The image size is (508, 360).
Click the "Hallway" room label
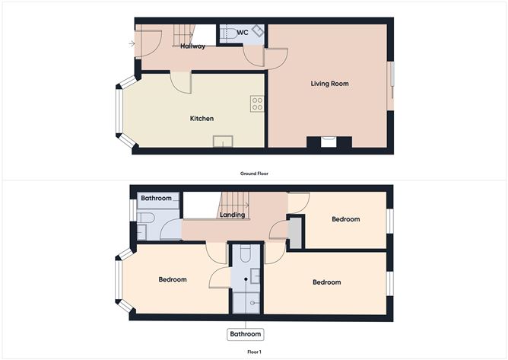point(193,46)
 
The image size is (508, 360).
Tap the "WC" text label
point(243,33)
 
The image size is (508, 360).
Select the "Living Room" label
point(330,84)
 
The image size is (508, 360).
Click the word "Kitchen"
point(202,119)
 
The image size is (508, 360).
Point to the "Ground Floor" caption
point(254,174)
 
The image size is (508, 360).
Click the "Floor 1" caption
point(254,352)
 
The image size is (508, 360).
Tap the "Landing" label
point(232,215)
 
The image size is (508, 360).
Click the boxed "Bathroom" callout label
point(246,334)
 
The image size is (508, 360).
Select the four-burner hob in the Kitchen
point(257,104)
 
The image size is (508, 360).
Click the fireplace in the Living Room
point(329,142)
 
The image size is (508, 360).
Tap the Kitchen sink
point(223,142)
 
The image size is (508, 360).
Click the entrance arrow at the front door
point(134,43)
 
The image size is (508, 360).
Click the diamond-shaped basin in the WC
point(259,31)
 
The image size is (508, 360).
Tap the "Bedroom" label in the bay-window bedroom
point(173,279)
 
